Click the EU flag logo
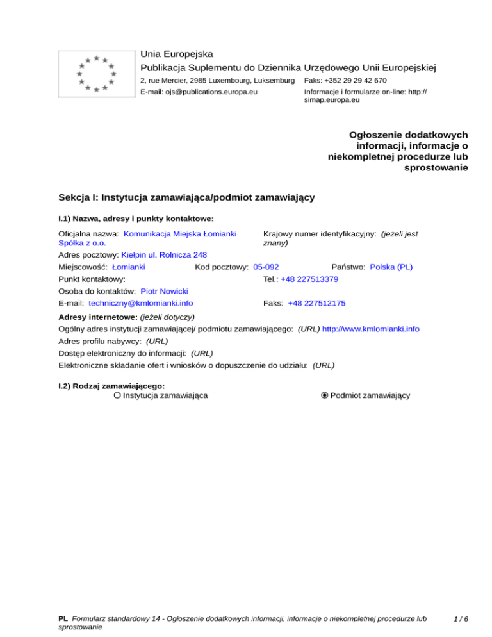[95, 74]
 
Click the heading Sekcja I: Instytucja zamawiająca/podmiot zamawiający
[186, 197]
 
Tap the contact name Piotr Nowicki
[164, 291]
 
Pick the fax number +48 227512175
[313, 303]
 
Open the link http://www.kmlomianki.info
[371, 329]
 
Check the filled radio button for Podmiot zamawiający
[325, 395]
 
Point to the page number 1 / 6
[459, 619]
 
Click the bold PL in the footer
[63, 619]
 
